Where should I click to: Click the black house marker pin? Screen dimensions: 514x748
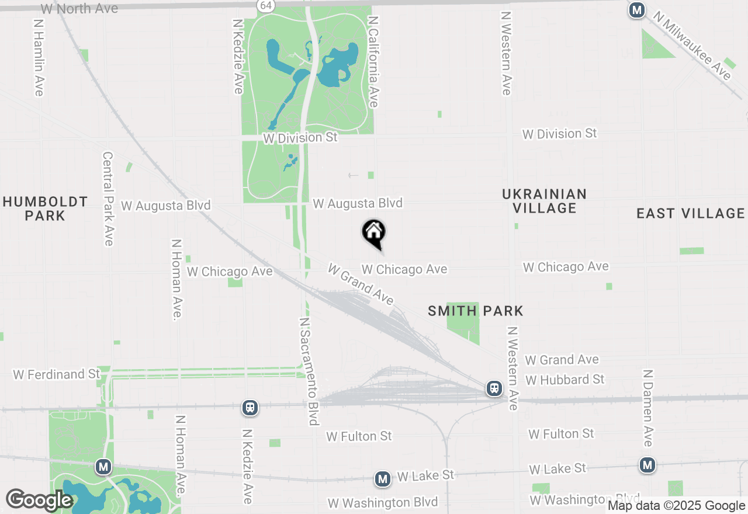(x=374, y=233)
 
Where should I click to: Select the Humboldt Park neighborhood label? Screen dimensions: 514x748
(x=45, y=209)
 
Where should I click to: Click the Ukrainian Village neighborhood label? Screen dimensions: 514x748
(x=544, y=200)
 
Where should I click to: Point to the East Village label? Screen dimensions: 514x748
(x=691, y=213)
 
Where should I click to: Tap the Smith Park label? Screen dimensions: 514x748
(x=475, y=311)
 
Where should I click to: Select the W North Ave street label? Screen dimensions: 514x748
(x=79, y=9)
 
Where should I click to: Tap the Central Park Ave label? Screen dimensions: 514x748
(x=108, y=199)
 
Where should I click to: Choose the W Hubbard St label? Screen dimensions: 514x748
(x=565, y=380)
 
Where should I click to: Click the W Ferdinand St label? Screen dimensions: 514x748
(x=57, y=374)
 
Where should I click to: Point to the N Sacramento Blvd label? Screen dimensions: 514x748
(x=310, y=371)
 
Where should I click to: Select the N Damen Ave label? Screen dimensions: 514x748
(x=647, y=407)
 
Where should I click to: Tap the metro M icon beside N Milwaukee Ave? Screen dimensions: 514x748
(x=636, y=10)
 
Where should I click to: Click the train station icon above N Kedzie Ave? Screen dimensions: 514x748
(x=250, y=407)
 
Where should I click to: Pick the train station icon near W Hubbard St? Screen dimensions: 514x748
(x=494, y=388)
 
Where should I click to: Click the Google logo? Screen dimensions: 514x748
(x=39, y=500)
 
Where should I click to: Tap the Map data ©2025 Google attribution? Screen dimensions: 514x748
(x=677, y=506)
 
